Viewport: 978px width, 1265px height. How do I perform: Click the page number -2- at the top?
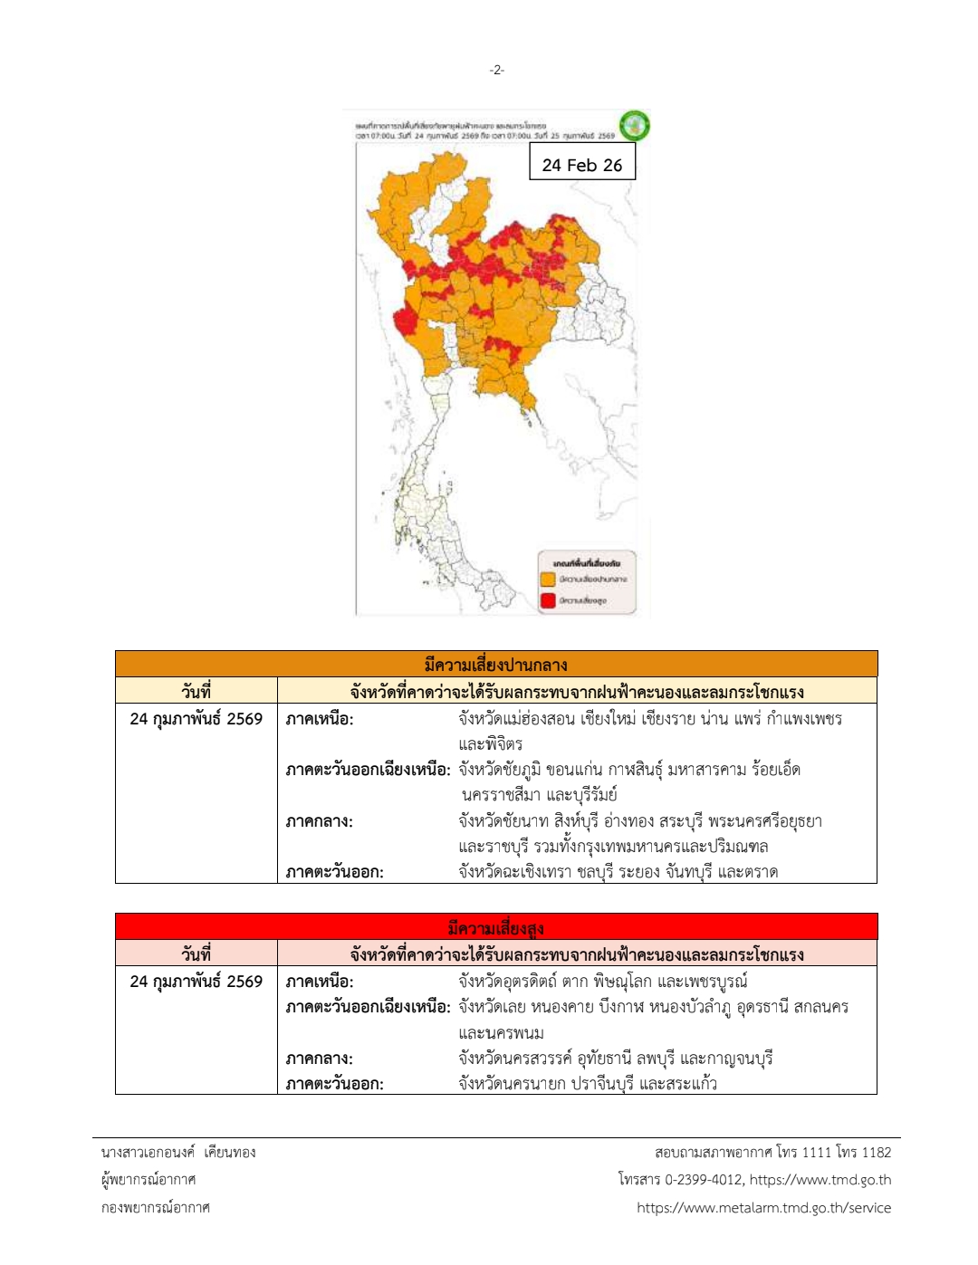tap(496, 70)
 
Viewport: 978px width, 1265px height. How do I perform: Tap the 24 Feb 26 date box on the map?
tap(582, 164)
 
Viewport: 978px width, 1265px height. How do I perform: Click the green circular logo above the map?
tap(634, 125)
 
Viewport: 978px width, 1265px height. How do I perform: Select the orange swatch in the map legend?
tap(548, 579)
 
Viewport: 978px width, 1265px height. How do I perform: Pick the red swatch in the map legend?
tap(548, 600)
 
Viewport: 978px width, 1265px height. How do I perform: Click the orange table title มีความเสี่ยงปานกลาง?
tap(495, 665)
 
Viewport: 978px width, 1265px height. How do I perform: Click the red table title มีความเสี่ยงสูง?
tap(495, 927)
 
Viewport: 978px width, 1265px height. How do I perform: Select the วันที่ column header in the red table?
tap(196, 954)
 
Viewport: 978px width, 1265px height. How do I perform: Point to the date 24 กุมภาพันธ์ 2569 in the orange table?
tap(196, 719)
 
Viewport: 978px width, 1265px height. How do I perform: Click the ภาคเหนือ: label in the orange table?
tap(320, 719)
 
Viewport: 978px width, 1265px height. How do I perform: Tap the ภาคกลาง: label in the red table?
tap(320, 1059)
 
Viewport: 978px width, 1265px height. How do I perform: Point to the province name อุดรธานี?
tap(757, 1007)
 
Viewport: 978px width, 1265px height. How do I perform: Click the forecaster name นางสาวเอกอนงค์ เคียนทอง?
tap(178, 1153)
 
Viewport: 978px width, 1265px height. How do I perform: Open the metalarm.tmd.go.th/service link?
tap(763, 1208)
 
